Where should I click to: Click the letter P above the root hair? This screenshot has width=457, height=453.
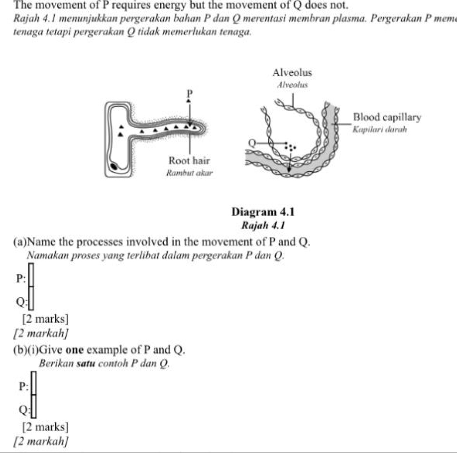tap(189, 92)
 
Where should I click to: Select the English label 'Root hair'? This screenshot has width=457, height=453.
tap(189, 160)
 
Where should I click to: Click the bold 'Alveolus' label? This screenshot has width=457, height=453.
tap(292, 73)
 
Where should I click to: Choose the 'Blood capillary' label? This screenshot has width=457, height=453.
tap(387, 117)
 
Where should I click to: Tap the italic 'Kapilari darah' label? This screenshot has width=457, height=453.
tap(380, 129)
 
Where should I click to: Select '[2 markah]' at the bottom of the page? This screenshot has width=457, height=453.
tap(41, 441)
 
